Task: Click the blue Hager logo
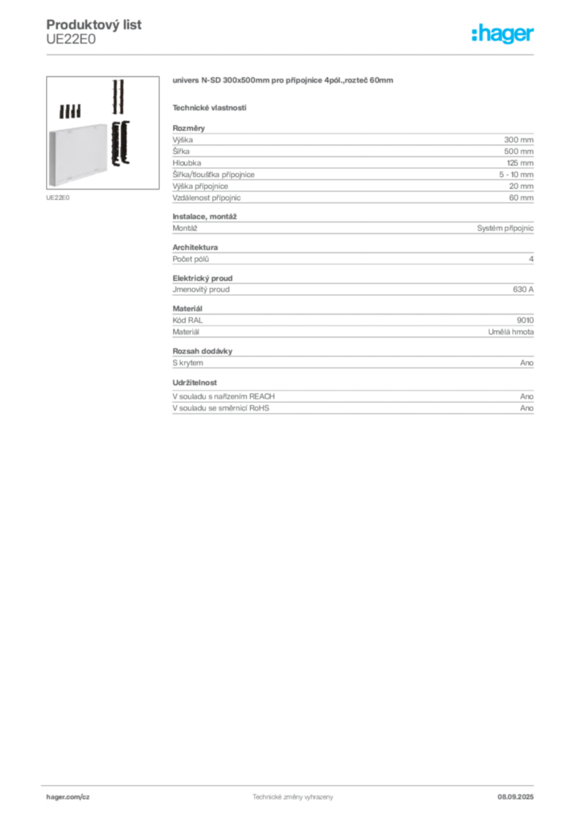[x=504, y=35]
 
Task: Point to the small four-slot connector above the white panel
[x=70, y=111]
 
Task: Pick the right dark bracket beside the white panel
[x=125, y=143]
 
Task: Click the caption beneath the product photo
[x=60, y=197]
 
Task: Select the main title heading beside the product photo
[x=283, y=83]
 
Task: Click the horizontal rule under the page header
[x=292, y=53]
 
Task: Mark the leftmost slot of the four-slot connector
[x=60, y=111]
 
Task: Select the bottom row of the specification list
[x=353, y=411]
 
